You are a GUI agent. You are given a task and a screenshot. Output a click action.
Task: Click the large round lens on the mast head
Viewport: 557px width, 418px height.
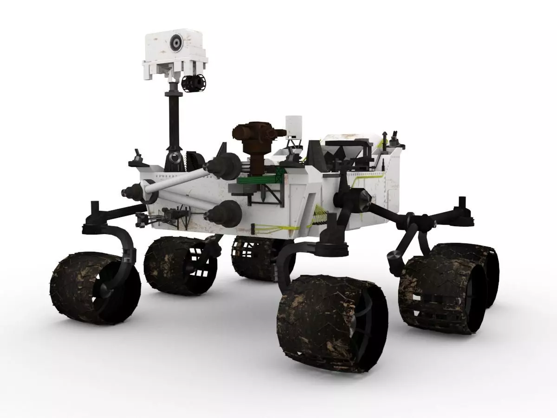[176, 43]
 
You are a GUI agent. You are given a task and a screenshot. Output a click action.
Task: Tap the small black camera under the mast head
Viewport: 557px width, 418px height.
[193, 84]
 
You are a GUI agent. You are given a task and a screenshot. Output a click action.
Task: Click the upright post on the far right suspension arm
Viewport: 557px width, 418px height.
[462, 205]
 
